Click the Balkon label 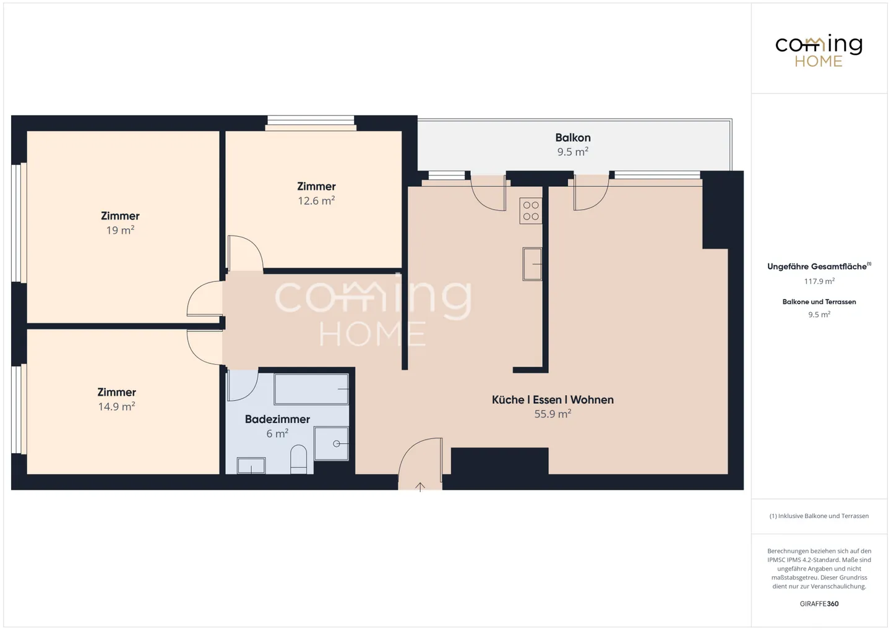click(x=573, y=138)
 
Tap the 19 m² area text click(x=120, y=230)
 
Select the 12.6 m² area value click(x=316, y=200)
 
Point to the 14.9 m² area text click(x=116, y=406)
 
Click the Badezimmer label click(x=277, y=419)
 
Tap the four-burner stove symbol click(x=531, y=211)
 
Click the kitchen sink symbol click(x=532, y=265)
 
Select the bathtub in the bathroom click(x=311, y=389)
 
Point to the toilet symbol click(x=298, y=459)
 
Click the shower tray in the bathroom click(x=332, y=443)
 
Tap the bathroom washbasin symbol click(x=251, y=466)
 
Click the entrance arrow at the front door click(x=420, y=487)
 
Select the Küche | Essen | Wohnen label click(x=553, y=400)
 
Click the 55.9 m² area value click(x=553, y=414)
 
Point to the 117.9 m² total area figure click(x=819, y=281)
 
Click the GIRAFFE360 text click(x=819, y=604)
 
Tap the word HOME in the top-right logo click(x=819, y=61)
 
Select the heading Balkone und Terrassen click(x=819, y=302)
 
